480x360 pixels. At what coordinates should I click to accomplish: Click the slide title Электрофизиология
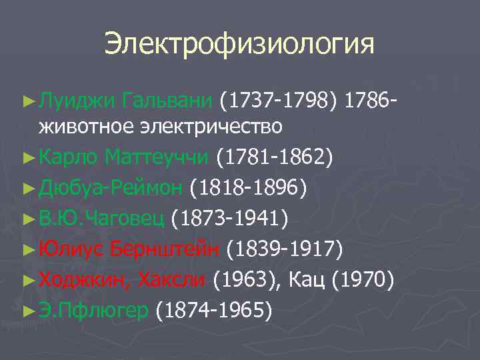[239, 45]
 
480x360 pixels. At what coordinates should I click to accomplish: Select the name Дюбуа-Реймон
[111, 187]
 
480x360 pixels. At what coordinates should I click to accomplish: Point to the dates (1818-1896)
[249, 187]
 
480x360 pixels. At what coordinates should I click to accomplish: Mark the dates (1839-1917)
[285, 249]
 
